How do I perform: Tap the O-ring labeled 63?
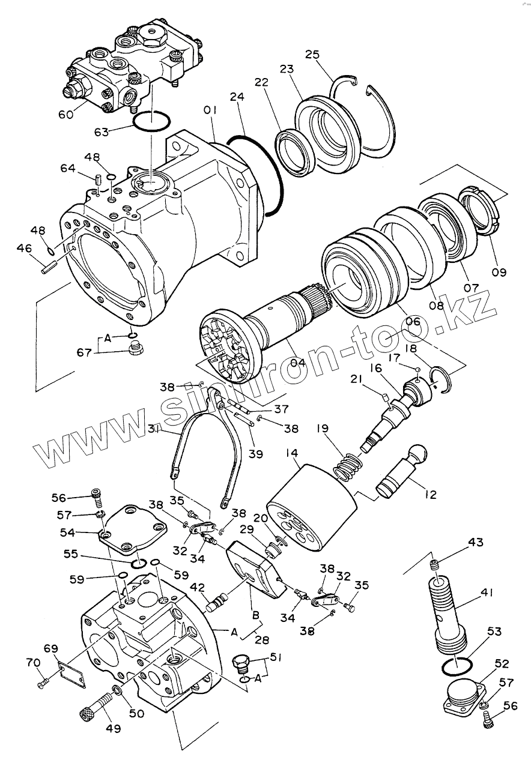150,122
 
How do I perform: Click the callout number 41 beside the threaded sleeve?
487,593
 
